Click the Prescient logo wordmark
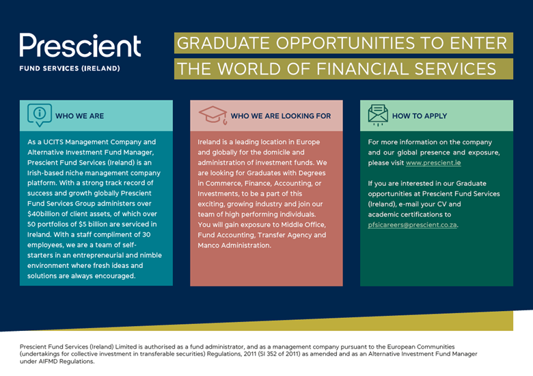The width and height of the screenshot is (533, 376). [x=80, y=45]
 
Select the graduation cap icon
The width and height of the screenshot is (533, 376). [x=213, y=115]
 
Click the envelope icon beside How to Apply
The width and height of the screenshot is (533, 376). [x=378, y=116]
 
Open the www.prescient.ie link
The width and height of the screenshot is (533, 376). [x=433, y=163]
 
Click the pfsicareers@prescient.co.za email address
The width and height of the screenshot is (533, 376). [x=412, y=225]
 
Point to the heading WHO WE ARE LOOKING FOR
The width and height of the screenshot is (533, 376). [x=281, y=116]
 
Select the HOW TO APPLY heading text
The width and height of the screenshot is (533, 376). [x=420, y=116]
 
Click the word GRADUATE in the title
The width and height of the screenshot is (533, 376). [x=223, y=43]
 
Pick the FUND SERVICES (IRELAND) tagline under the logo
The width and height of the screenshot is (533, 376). [x=70, y=68]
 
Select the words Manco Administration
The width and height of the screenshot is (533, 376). [x=234, y=245]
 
